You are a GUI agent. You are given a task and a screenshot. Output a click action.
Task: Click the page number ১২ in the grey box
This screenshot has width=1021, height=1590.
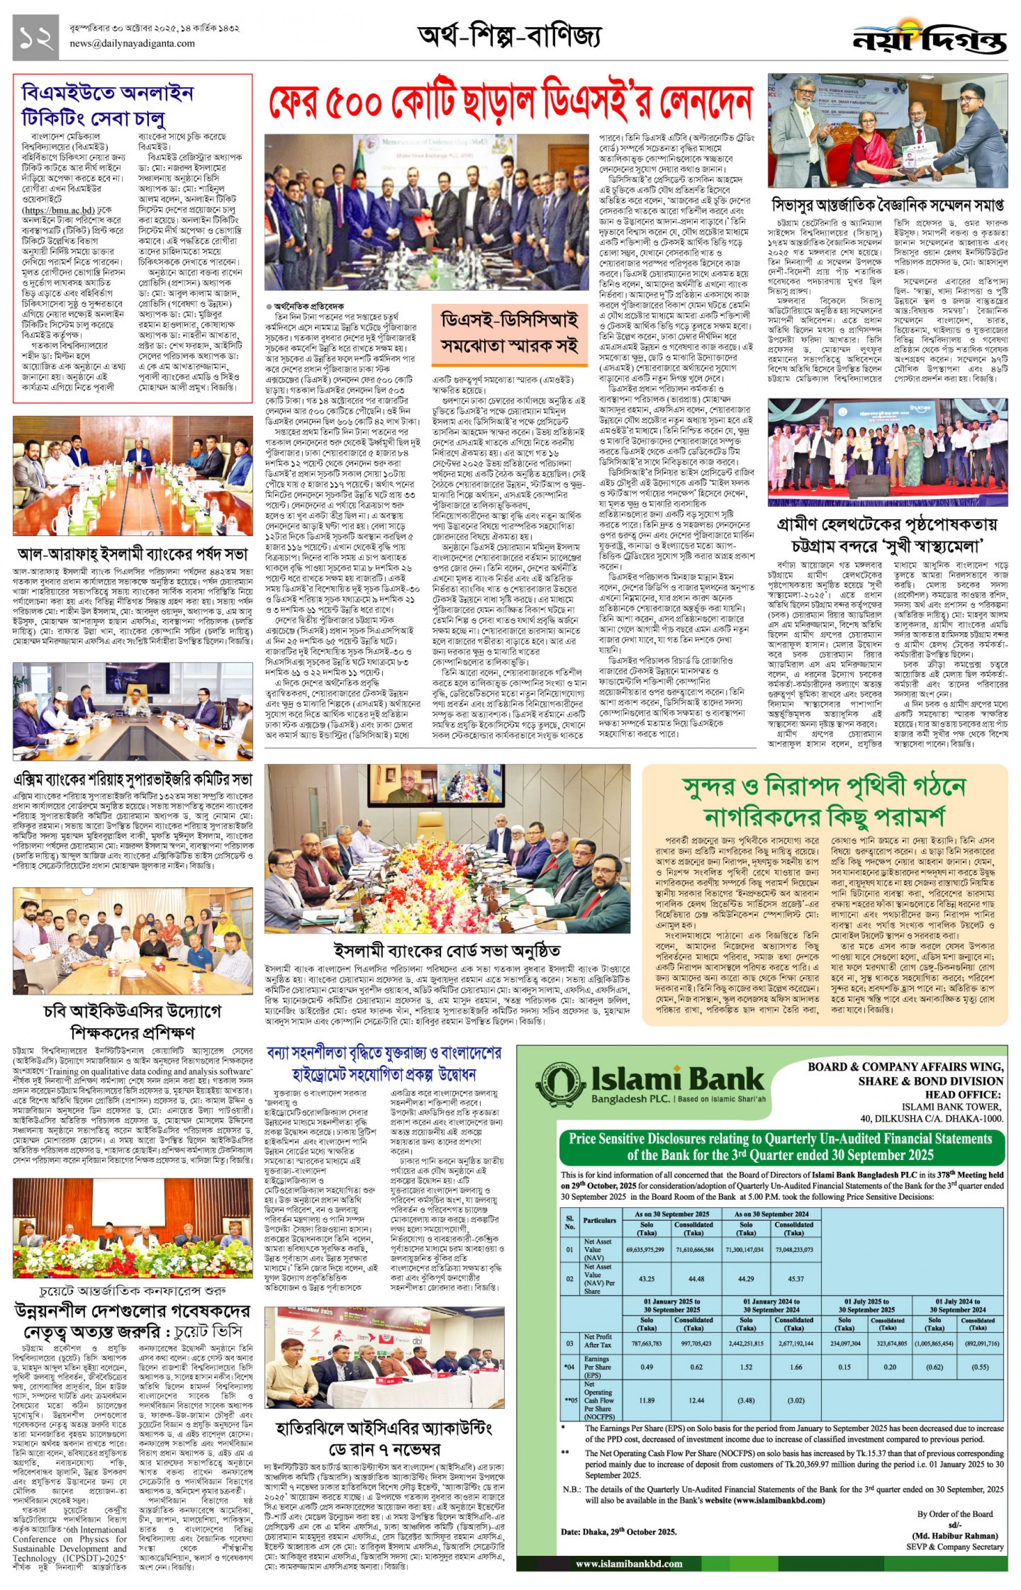[35, 38]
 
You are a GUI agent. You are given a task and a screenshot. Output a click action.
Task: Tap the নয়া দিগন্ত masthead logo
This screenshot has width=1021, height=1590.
[929, 40]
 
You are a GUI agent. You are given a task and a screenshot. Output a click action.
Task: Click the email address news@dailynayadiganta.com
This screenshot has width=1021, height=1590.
[132, 44]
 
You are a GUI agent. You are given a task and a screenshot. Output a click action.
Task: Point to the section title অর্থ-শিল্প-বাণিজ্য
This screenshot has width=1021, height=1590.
[509, 36]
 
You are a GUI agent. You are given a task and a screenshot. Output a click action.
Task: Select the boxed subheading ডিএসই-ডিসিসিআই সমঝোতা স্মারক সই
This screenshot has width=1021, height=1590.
[509, 334]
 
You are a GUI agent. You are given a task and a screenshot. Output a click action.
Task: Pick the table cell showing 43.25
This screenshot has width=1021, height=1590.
[646, 1279]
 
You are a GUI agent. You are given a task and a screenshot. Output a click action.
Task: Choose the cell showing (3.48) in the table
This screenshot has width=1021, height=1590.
[746, 1400]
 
